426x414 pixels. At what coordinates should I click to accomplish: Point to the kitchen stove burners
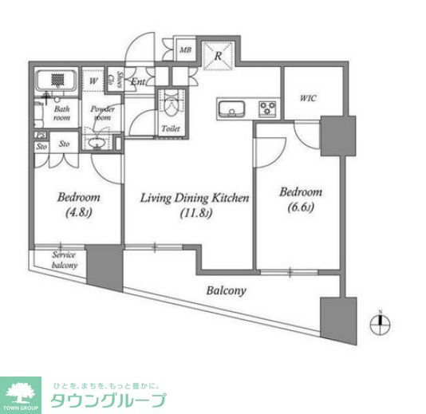[x=265, y=108]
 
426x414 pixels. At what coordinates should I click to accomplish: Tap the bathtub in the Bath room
[x=56, y=82]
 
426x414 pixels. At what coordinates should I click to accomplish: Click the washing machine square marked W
[x=93, y=81]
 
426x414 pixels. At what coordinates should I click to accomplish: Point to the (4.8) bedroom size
[x=79, y=213]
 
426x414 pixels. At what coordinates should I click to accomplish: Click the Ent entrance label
[x=137, y=81]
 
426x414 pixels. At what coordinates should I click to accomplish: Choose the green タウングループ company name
[x=108, y=400]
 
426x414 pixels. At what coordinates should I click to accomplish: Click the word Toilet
[x=170, y=128]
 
